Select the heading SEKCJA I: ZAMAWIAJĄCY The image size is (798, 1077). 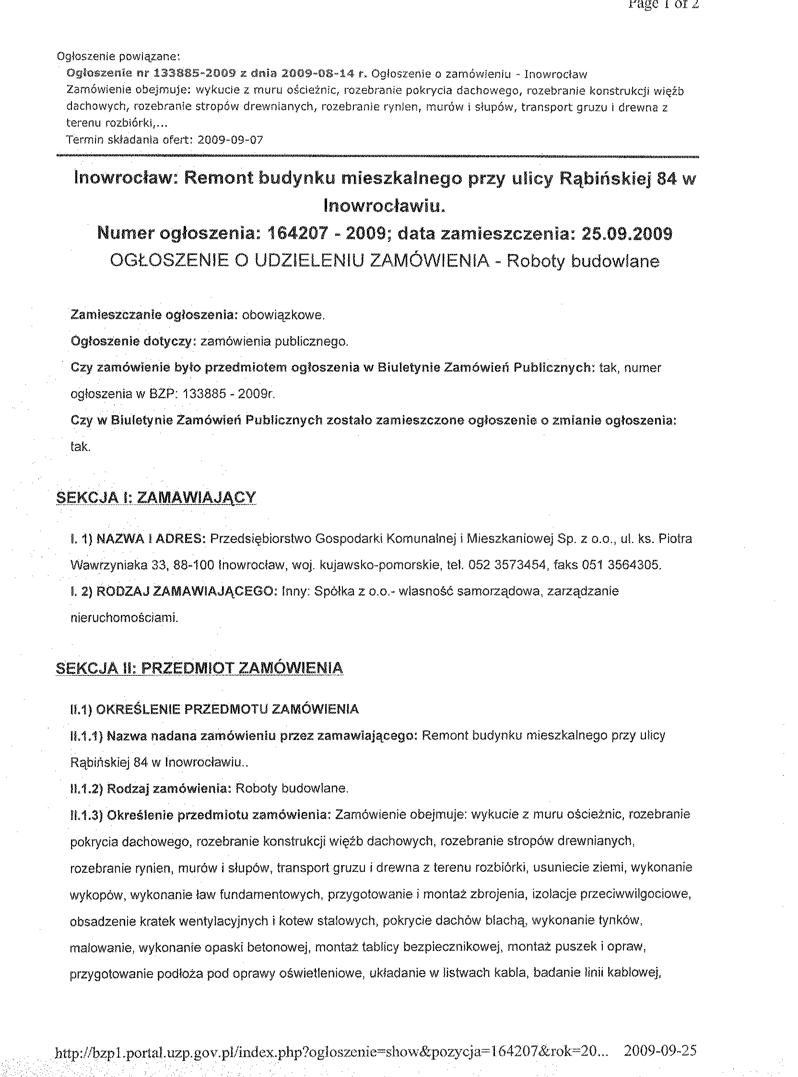156,498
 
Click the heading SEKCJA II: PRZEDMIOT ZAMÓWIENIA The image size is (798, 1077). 199,668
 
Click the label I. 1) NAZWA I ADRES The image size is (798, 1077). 138,538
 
